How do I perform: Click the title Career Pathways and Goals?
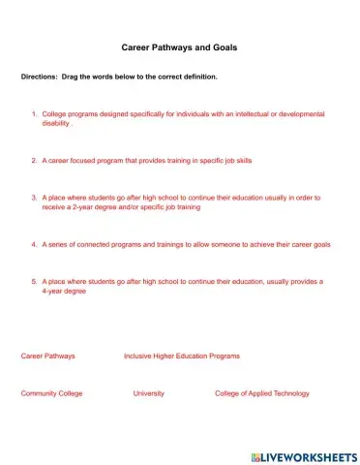coord(179,46)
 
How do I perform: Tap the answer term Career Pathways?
coord(47,356)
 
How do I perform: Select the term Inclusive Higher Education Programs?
coord(181,356)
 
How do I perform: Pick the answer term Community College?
coord(51,393)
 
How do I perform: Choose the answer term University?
coord(148,393)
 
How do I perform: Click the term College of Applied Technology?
coord(261,393)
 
